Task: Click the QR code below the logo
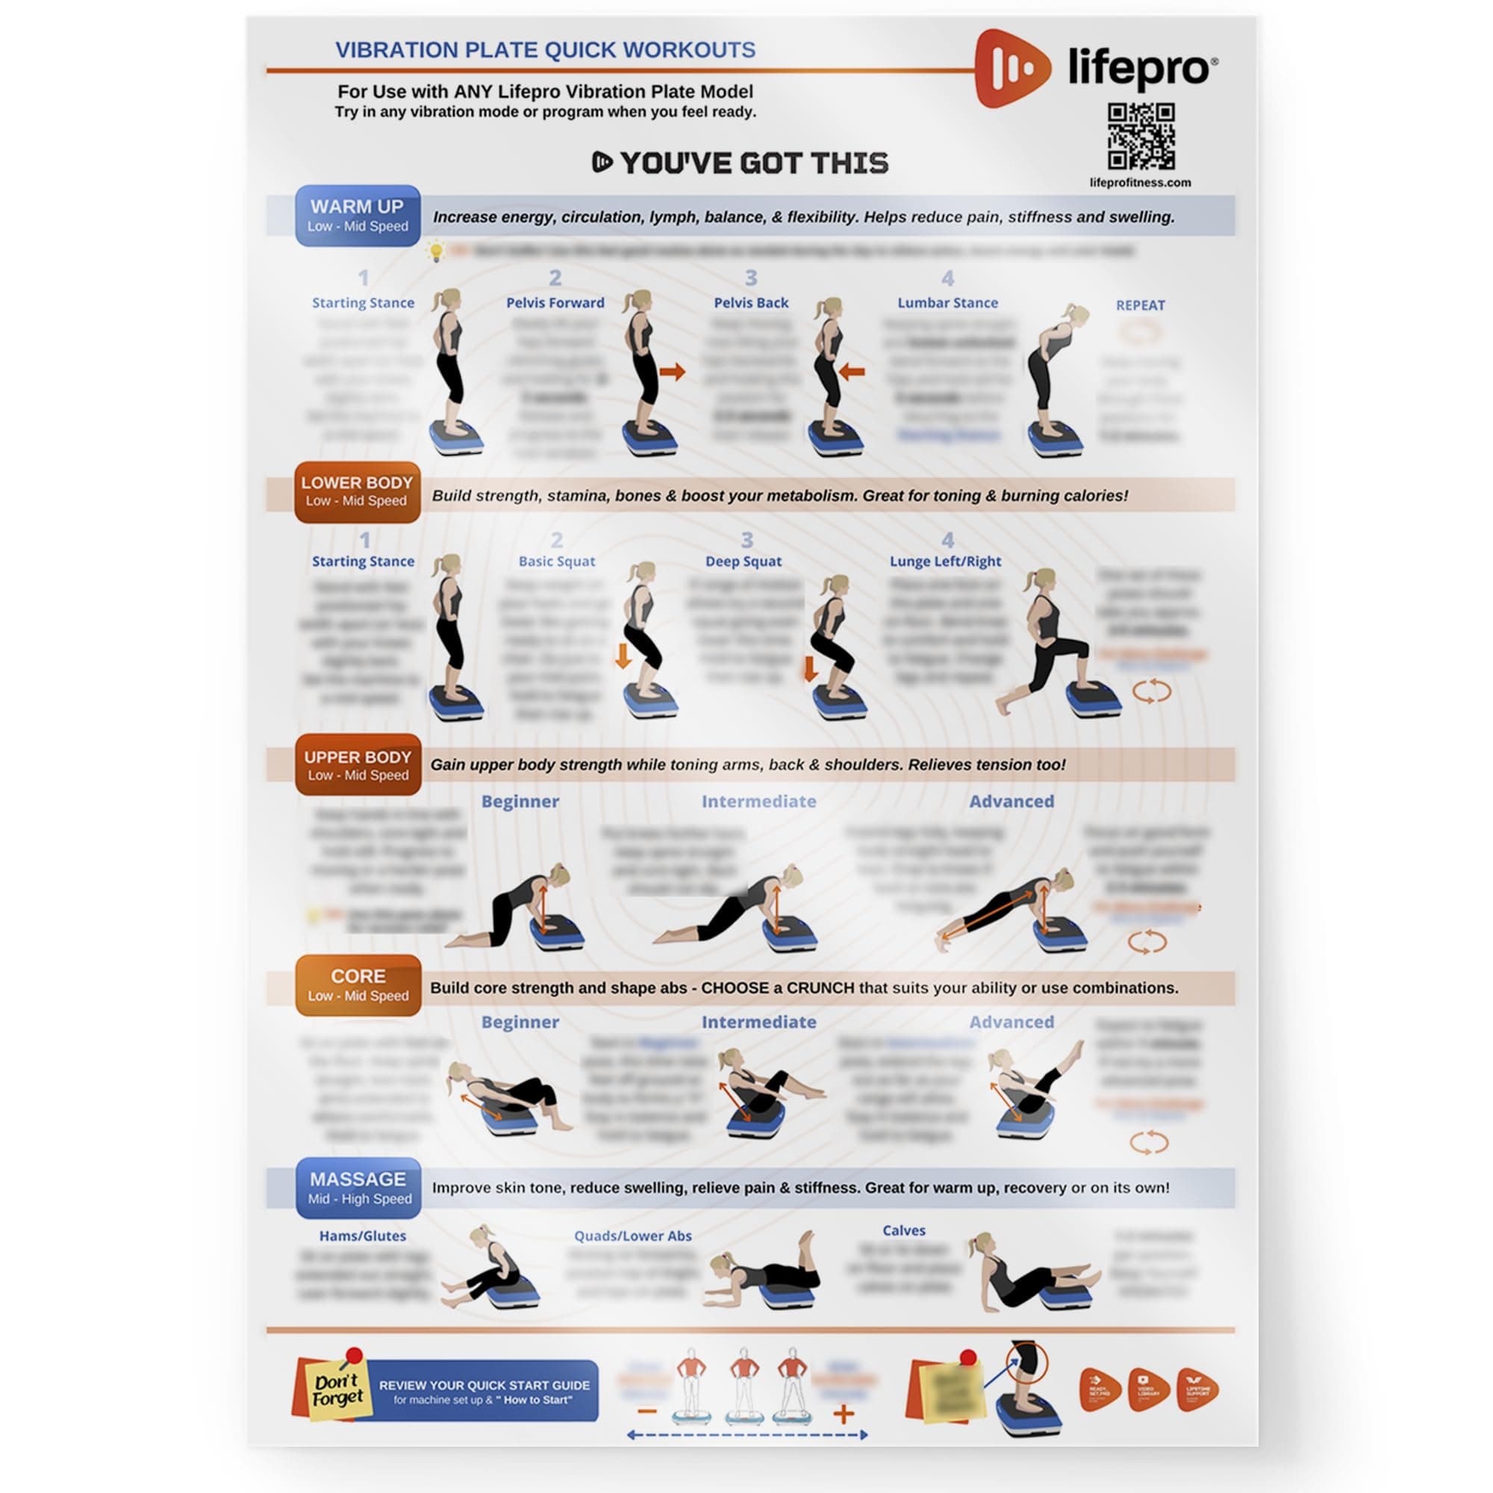pyautogui.click(x=1141, y=136)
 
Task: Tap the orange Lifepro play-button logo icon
pyautogui.click(x=1012, y=69)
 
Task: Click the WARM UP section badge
pyautogui.click(x=358, y=216)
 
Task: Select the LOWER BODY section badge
pyautogui.click(x=357, y=491)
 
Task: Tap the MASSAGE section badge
pyautogui.click(x=358, y=1188)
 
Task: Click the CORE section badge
pyautogui.click(x=358, y=985)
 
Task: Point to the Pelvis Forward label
pyautogui.click(x=555, y=303)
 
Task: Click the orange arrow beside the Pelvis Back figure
pyautogui.click(x=851, y=373)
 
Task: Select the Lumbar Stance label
pyautogui.click(x=947, y=303)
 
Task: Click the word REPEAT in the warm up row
pyautogui.click(x=1140, y=305)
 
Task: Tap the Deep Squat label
pyautogui.click(x=743, y=562)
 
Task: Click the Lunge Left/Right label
pyautogui.click(x=945, y=562)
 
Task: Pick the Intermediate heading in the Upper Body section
pyautogui.click(x=758, y=801)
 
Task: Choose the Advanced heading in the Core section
pyautogui.click(x=1011, y=1022)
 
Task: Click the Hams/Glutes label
pyautogui.click(x=363, y=1235)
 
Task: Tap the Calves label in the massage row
pyautogui.click(x=903, y=1230)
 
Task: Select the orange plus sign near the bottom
pyautogui.click(x=843, y=1414)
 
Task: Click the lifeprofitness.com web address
pyautogui.click(x=1140, y=183)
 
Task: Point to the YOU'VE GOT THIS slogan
pyautogui.click(x=741, y=163)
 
